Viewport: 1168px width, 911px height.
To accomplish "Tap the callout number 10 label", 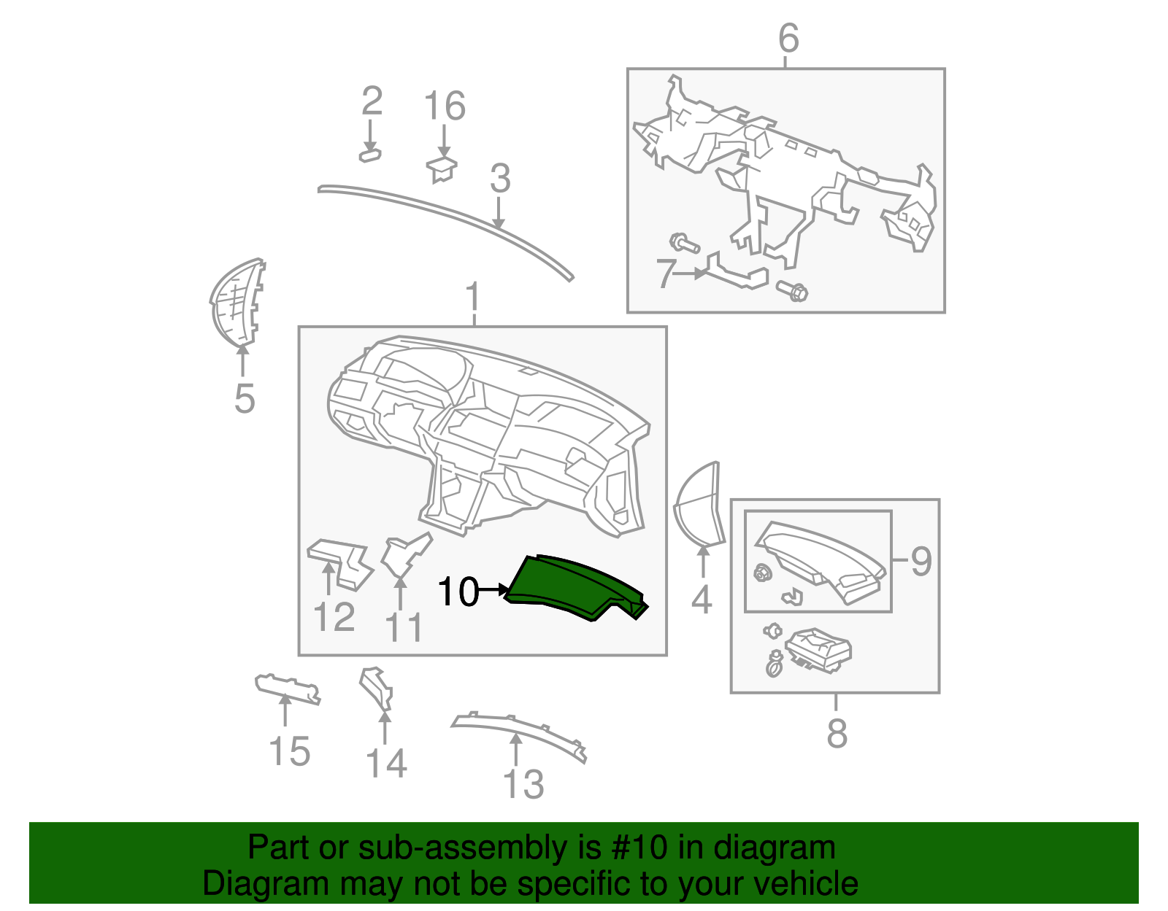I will [458, 592].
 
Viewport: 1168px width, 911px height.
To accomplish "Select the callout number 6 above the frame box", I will [788, 38].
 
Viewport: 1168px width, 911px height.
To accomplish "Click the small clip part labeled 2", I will [370, 155].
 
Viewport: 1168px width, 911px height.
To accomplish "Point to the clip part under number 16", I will [442, 168].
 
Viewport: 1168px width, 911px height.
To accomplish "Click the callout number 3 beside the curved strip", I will [500, 179].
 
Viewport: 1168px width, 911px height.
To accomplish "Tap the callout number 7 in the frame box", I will [664, 274].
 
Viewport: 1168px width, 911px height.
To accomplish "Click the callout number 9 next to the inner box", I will [921, 561].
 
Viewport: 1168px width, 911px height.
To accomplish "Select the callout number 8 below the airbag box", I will [837, 733].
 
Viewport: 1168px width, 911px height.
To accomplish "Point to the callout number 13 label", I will [523, 785].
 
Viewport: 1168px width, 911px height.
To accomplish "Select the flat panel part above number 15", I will [287, 688].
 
